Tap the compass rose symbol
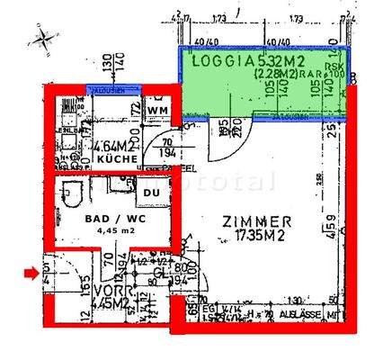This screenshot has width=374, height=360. coord(40,40)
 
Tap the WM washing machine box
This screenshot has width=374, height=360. coord(159,110)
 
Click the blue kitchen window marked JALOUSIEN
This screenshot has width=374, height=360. coord(111,88)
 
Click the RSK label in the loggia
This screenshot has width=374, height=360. coord(334,67)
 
